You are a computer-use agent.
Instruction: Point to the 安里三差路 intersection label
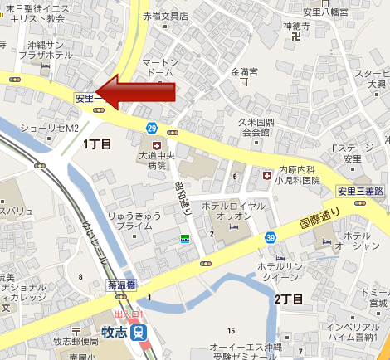click(361, 192)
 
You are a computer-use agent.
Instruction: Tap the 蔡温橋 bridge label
click(121, 284)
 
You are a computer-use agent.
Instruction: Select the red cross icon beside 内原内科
click(266, 177)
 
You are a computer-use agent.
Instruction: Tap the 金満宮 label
click(246, 71)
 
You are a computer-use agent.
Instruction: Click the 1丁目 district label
click(97, 144)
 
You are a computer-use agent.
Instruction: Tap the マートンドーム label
click(154, 68)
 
